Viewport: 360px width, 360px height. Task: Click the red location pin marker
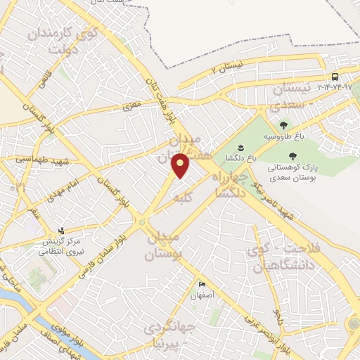pos(181,165)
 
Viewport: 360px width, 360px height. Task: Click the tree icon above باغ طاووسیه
pos(283,124)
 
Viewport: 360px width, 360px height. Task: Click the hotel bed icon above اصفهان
pos(203,284)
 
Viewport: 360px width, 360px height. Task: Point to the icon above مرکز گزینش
pos(61,231)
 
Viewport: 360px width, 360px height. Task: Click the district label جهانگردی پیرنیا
pos(170,337)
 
